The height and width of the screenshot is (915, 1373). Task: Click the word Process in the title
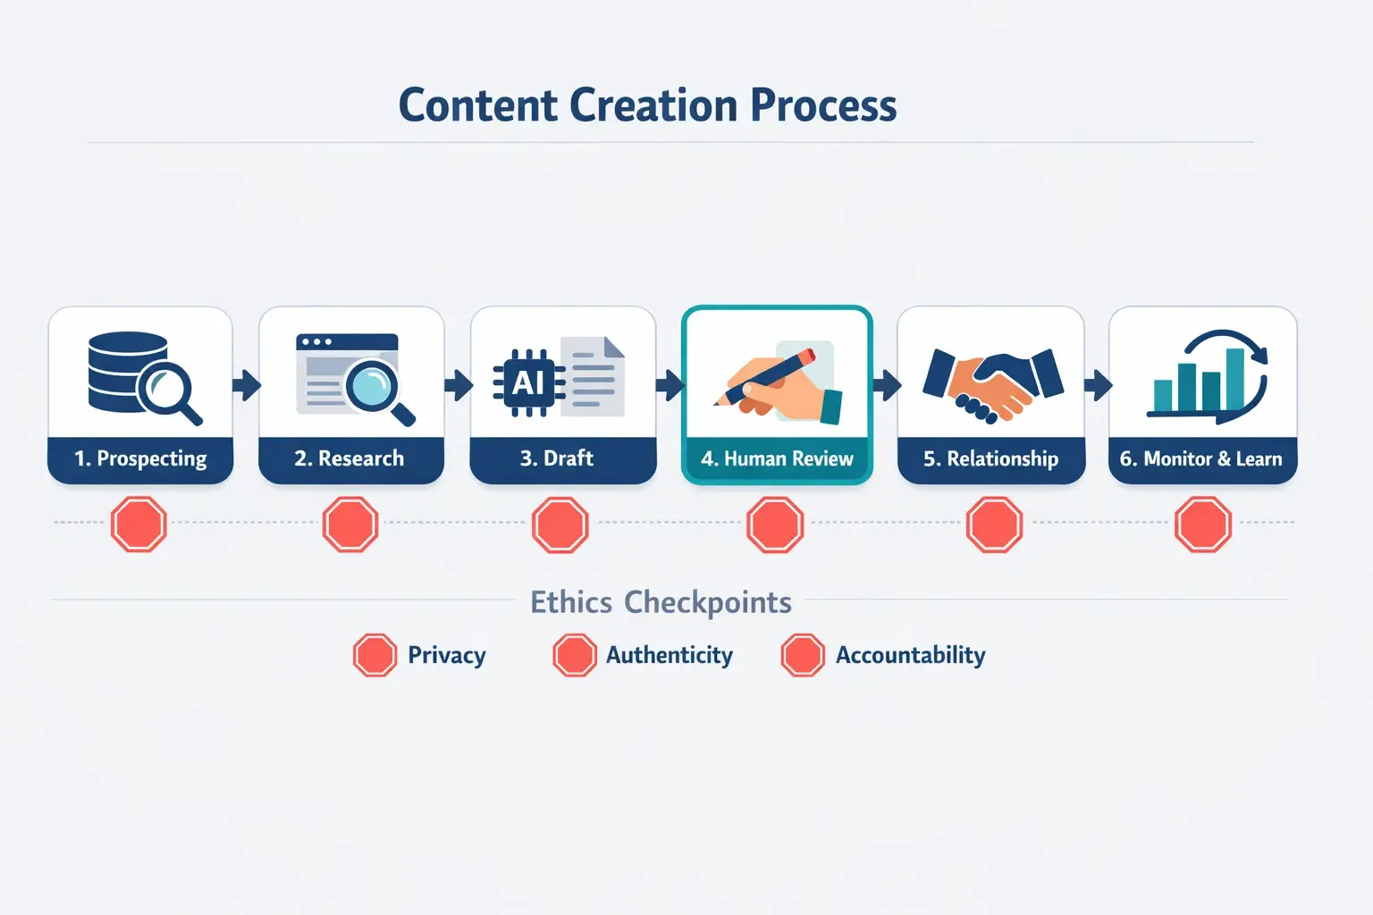(x=822, y=105)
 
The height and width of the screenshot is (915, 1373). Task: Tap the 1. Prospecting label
(x=140, y=459)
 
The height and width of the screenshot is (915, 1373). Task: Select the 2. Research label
(x=350, y=459)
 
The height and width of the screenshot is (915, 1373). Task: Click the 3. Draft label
(x=557, y=459)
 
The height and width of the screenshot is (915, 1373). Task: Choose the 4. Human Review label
(x=777, y=459)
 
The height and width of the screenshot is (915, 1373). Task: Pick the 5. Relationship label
(x=990, y=459)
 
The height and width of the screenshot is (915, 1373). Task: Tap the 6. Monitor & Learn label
(x=1200, y=459)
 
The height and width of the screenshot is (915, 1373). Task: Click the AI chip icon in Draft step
(x=528, y=383)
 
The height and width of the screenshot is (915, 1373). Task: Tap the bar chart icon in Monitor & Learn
(x=1198, y=382)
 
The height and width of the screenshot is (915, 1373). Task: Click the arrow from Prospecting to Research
(x=246, y=386)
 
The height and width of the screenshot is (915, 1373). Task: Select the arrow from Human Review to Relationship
(x=886, y=386)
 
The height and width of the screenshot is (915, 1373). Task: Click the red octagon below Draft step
(x=560, y=525)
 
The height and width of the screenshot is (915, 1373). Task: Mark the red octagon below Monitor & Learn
(x=1202, y=525)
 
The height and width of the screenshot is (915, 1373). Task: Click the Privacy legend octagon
(x=375, y=655)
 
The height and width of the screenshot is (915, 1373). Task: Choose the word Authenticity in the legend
(x=669, y=655)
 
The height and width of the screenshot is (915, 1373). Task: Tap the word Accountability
(x=910, y=655)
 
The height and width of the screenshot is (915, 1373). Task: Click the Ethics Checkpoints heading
(x=661, y=602)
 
